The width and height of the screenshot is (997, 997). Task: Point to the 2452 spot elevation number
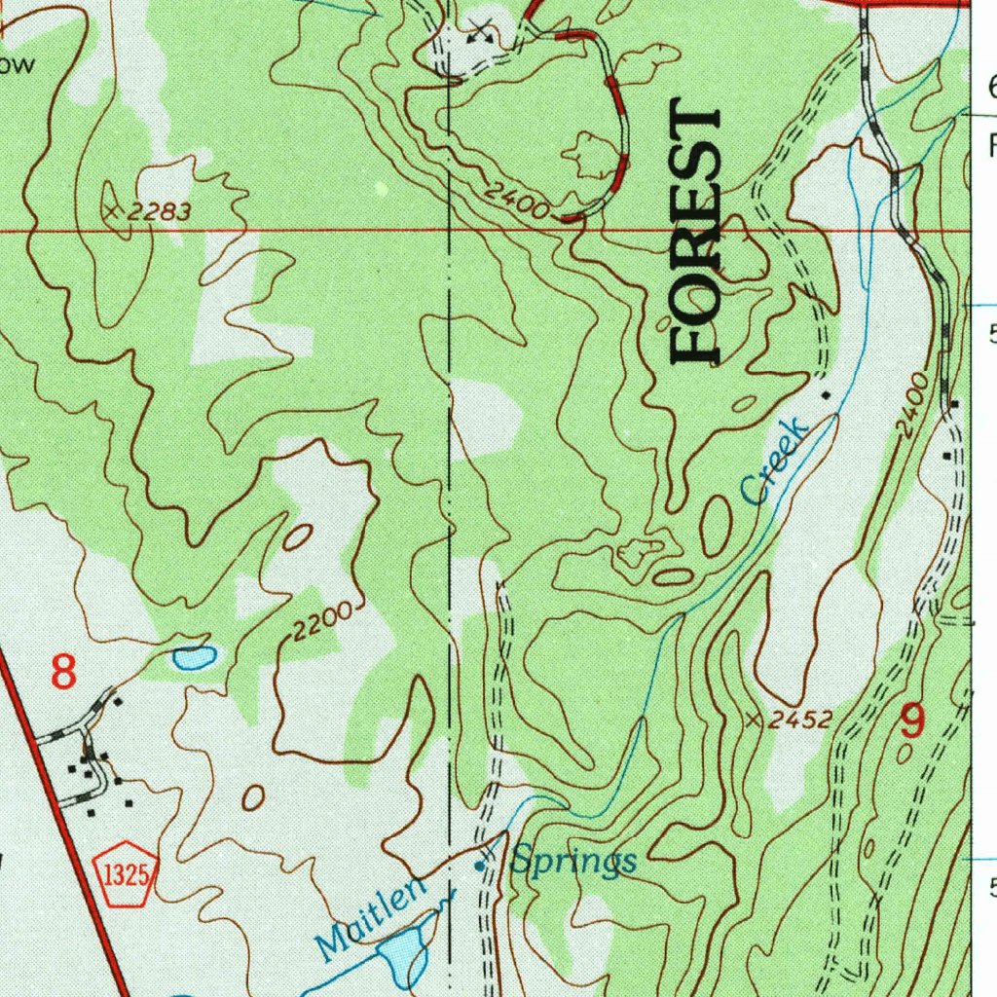coord(800,720)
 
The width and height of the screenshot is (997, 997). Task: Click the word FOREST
coord(697,235)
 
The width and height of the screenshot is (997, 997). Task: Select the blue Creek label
coord(775,461)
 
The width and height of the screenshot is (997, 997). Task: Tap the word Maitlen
coord(372,916)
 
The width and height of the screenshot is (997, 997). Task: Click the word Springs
coord(574,861)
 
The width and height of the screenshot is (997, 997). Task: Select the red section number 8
coord(63,672)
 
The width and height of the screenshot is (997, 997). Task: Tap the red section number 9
coord(912,721)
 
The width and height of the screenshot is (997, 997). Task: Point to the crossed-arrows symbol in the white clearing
coord(477,30)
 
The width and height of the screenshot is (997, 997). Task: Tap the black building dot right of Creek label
coord(827,395)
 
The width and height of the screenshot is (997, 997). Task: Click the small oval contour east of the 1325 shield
coord(253,797)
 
